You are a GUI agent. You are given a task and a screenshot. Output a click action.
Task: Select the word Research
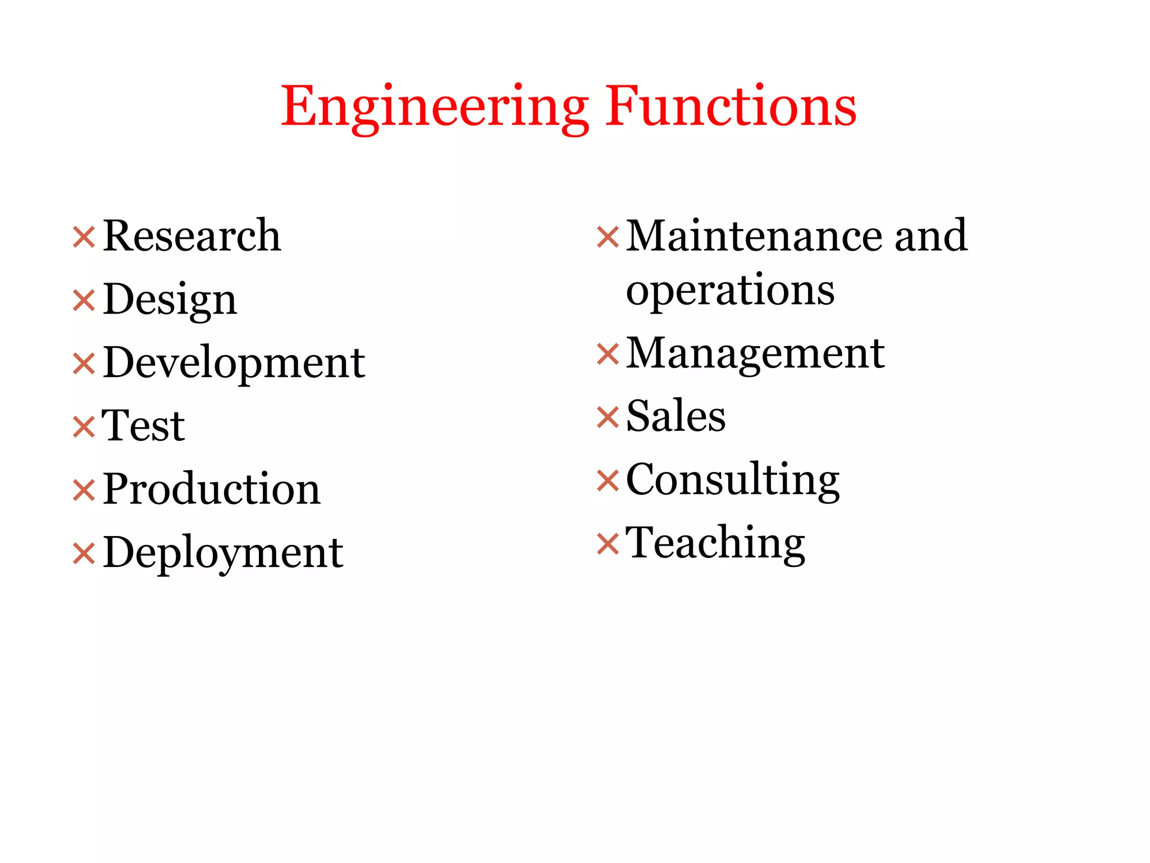(x=191, y=236)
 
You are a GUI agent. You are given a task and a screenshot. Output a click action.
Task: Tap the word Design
(x=170, y=300)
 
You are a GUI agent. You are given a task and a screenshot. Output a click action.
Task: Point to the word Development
(x=234, y=364)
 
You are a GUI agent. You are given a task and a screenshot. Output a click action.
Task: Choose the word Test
(x=143, y=426)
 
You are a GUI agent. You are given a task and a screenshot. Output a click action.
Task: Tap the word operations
(x=730, y=291)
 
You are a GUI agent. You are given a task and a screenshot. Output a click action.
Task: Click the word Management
(x=755, y=354)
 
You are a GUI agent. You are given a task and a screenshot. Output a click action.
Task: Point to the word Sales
(x=676, y=417)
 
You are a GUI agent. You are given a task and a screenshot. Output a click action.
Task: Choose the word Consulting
(x=733, y=480)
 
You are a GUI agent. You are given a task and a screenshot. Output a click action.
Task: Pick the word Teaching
(x=715, y=544)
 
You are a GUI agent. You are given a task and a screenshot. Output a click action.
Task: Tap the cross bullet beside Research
(x=84, y=237)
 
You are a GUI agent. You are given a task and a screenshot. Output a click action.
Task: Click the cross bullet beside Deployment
(x=84, y=554)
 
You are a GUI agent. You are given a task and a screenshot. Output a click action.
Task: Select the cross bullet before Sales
(x=608, y=417)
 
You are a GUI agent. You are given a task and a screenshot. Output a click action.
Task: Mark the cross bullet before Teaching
(x=608, y=544)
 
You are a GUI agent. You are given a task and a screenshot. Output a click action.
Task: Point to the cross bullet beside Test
(x=84, y=427)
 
